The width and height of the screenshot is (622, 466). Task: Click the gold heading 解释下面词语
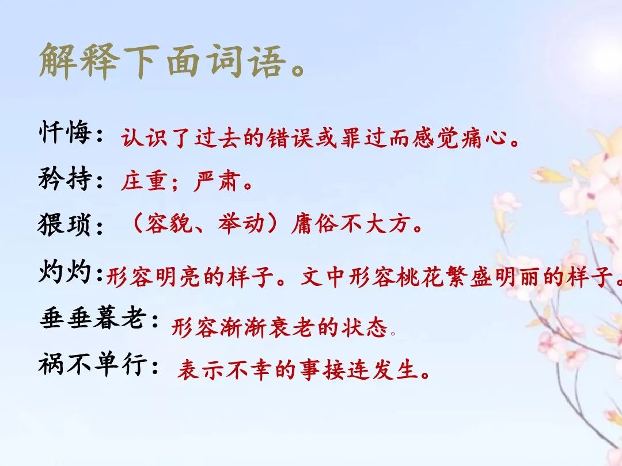pyautogui.click(x=162, y=61)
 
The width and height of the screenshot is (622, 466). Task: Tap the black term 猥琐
pyautogui.click(x=65, y=224)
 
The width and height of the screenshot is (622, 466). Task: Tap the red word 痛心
pyautogui.click(x=484, y=138)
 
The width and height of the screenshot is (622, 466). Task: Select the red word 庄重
pyautogui.click(x=143, y=181)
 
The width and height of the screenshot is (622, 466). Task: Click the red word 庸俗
pyautogui.click(x=314, y=224)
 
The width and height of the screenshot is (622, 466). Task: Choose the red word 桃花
pyautogui.click(x=419, y=276)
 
